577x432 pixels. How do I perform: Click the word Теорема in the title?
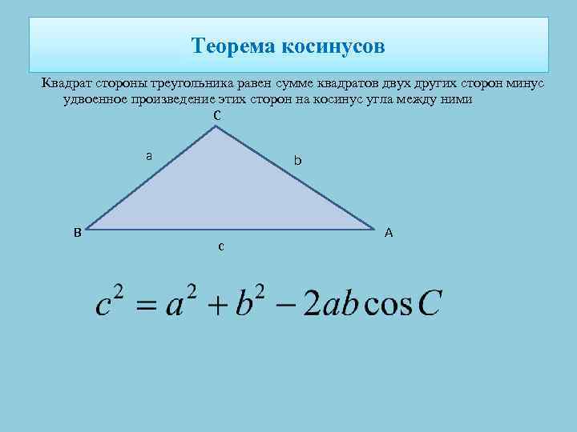(x=234, y=46)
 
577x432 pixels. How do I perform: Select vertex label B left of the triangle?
(x=77, y=233)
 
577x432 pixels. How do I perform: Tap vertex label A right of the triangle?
(x=389, y=233)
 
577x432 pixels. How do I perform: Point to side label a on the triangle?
(x=149, y=155)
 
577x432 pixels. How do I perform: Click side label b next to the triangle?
(x=297, y=161)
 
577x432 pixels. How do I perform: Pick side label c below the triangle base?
(x=220, y=247)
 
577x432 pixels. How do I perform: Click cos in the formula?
(x=389, y=305)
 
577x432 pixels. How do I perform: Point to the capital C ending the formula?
(x=430, y=304)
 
